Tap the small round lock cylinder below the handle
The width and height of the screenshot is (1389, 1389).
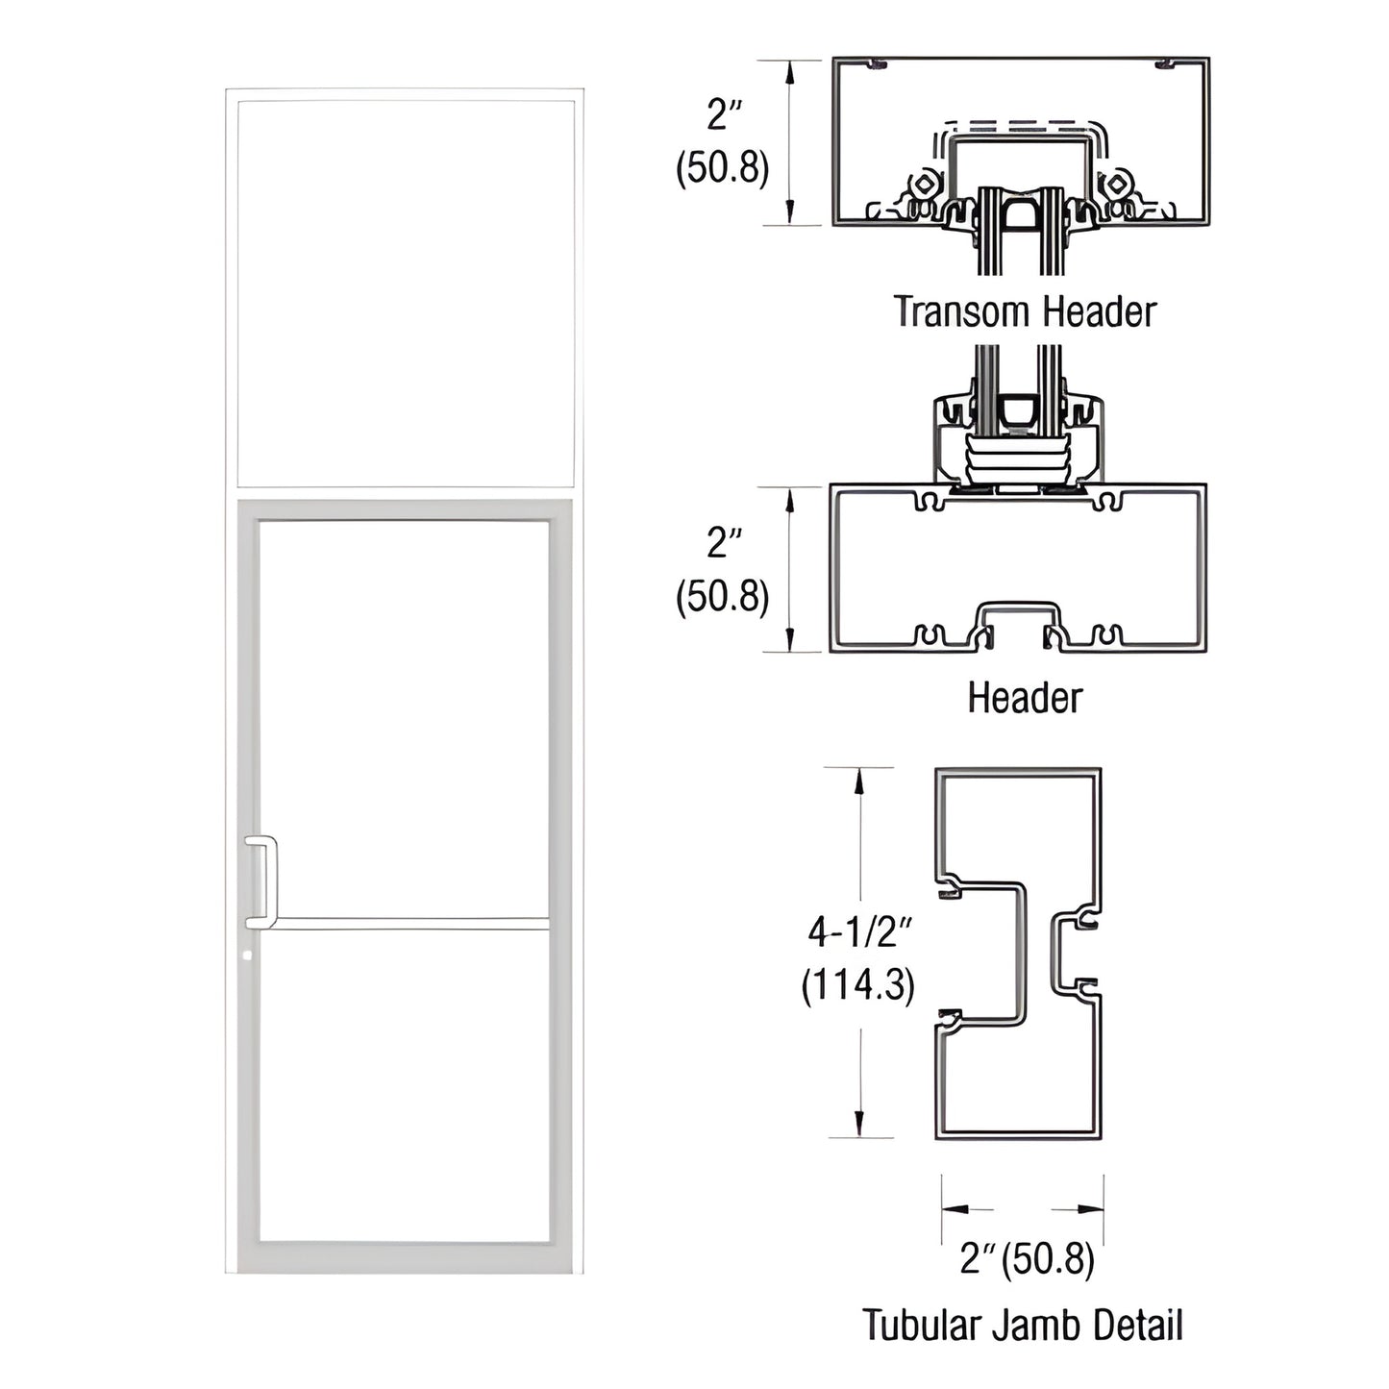pos(249,956)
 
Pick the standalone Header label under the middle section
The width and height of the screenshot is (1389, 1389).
pos(1025,698)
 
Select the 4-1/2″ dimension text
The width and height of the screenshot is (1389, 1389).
pos(858,931)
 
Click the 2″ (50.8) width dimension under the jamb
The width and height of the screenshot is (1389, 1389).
pos(1026,1258)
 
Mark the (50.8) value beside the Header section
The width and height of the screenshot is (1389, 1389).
pos(723,597)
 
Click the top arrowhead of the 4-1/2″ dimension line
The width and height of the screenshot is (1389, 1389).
pos(859,780)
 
